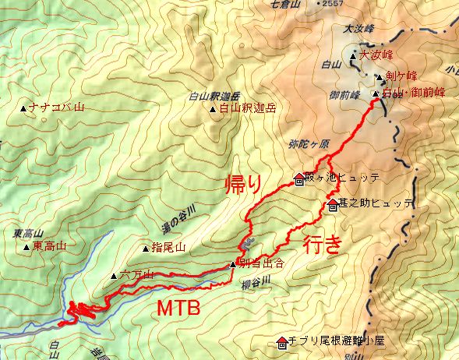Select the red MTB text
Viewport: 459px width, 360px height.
(179, 308)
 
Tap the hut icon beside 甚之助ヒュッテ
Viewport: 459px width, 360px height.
(333, 206)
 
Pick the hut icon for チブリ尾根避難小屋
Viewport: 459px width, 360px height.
(281, 341)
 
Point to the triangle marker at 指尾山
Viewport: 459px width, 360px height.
(146, 249)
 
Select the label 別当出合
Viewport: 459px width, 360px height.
(258, 264)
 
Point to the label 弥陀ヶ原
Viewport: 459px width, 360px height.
(309, 145)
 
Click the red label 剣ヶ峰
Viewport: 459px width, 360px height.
(401, 76)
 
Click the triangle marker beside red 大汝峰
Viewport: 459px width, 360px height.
(353, 56)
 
